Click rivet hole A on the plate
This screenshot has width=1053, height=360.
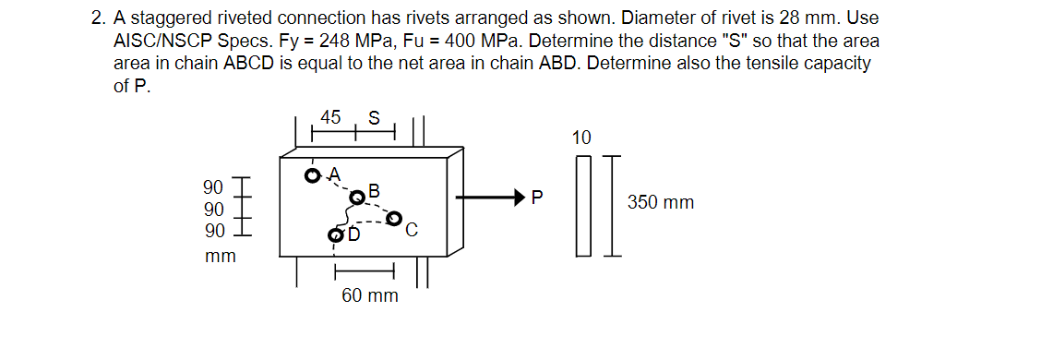314,174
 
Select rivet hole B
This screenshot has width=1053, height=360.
357,197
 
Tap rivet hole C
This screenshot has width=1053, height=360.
395,219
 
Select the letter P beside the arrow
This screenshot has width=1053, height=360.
538,197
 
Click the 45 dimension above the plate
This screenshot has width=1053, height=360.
330,117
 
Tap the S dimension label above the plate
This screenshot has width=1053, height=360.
373,117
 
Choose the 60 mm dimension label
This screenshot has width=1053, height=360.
370,295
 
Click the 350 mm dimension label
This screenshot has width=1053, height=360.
661,202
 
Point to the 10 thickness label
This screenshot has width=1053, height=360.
581,138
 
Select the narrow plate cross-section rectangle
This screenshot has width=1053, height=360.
582,204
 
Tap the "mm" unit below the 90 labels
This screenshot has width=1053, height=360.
221,256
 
